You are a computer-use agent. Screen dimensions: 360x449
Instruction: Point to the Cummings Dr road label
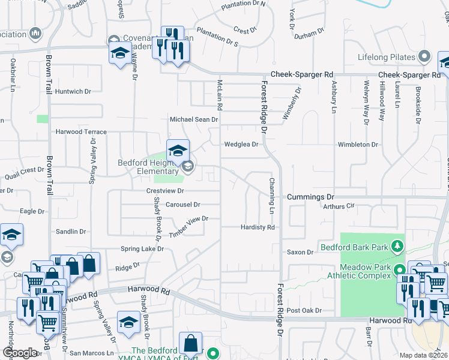click(x=310, y=197)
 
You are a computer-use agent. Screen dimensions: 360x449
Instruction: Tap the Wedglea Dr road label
click(x=241, y=144)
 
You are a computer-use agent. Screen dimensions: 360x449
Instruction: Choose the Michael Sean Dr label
click(x=193, y=119)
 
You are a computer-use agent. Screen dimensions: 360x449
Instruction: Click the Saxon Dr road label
click(x=300, y=253)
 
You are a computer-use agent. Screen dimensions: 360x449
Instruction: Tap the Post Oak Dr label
click(x=304, y=310)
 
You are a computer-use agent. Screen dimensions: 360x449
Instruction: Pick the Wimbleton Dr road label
click(x=358, y=145)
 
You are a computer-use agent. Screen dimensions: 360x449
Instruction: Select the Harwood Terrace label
click(x=81, y=131)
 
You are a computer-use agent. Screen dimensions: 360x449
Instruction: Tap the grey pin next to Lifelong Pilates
click(x=424, y=58)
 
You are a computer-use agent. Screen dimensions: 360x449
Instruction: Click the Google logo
click(x=20, y=353)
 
